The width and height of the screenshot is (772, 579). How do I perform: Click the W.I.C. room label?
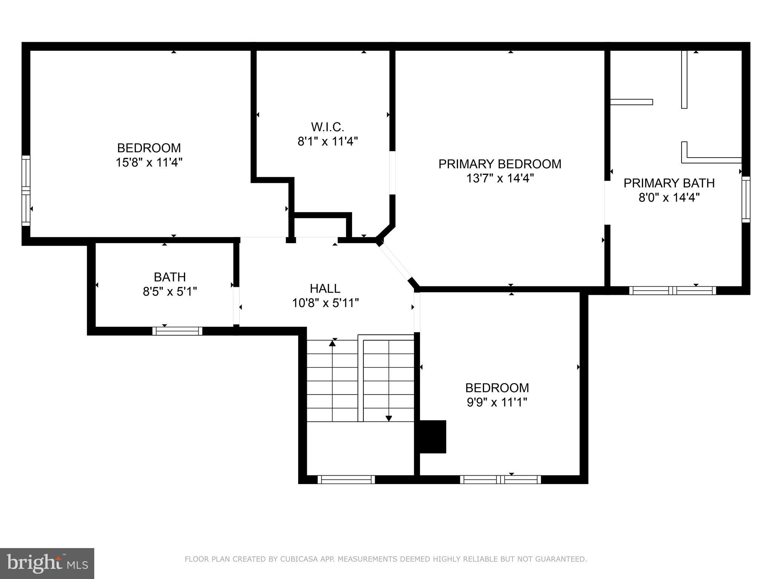[327, 127]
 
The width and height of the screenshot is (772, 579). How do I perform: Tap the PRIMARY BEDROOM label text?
[500, 164]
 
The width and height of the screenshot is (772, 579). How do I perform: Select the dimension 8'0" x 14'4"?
[669, 197]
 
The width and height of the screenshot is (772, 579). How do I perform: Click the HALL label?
[325, 288]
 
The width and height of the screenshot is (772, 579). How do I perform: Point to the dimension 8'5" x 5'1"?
[170, 291]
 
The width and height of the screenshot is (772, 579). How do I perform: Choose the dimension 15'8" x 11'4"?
[149, 162]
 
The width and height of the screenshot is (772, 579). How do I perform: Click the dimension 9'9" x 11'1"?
[497, 402]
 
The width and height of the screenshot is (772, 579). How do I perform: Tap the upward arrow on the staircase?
[332, 343]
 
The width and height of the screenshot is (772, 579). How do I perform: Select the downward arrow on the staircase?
[389, 418]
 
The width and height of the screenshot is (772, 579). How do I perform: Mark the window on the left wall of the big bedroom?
[26, 190]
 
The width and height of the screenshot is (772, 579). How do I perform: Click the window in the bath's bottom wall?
[177, 331]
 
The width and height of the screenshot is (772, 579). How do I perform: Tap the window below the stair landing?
[346, 479]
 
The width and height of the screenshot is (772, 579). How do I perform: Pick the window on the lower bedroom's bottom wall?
[500, 479]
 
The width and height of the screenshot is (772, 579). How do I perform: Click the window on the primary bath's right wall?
[746, 199]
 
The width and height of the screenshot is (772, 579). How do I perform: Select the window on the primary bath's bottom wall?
[672, 290]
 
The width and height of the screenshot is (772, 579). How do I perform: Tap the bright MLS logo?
[47, 564]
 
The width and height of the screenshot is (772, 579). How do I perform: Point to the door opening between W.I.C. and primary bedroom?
[392, 173]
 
